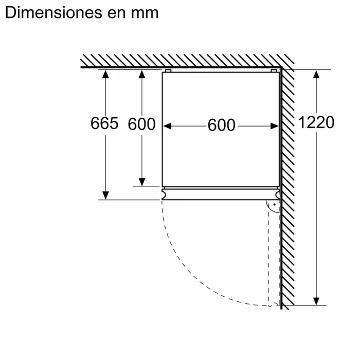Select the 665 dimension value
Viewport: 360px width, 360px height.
point(104,123)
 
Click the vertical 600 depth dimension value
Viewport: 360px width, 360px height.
point(141,124)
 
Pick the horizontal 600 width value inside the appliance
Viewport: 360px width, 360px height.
point(221,125)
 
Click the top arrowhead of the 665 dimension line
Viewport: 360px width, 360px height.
point(105,75)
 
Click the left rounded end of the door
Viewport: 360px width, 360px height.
point(164,194)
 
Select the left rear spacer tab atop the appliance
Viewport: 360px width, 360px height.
point(168,70)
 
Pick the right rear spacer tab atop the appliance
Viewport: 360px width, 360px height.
point(273,70)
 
